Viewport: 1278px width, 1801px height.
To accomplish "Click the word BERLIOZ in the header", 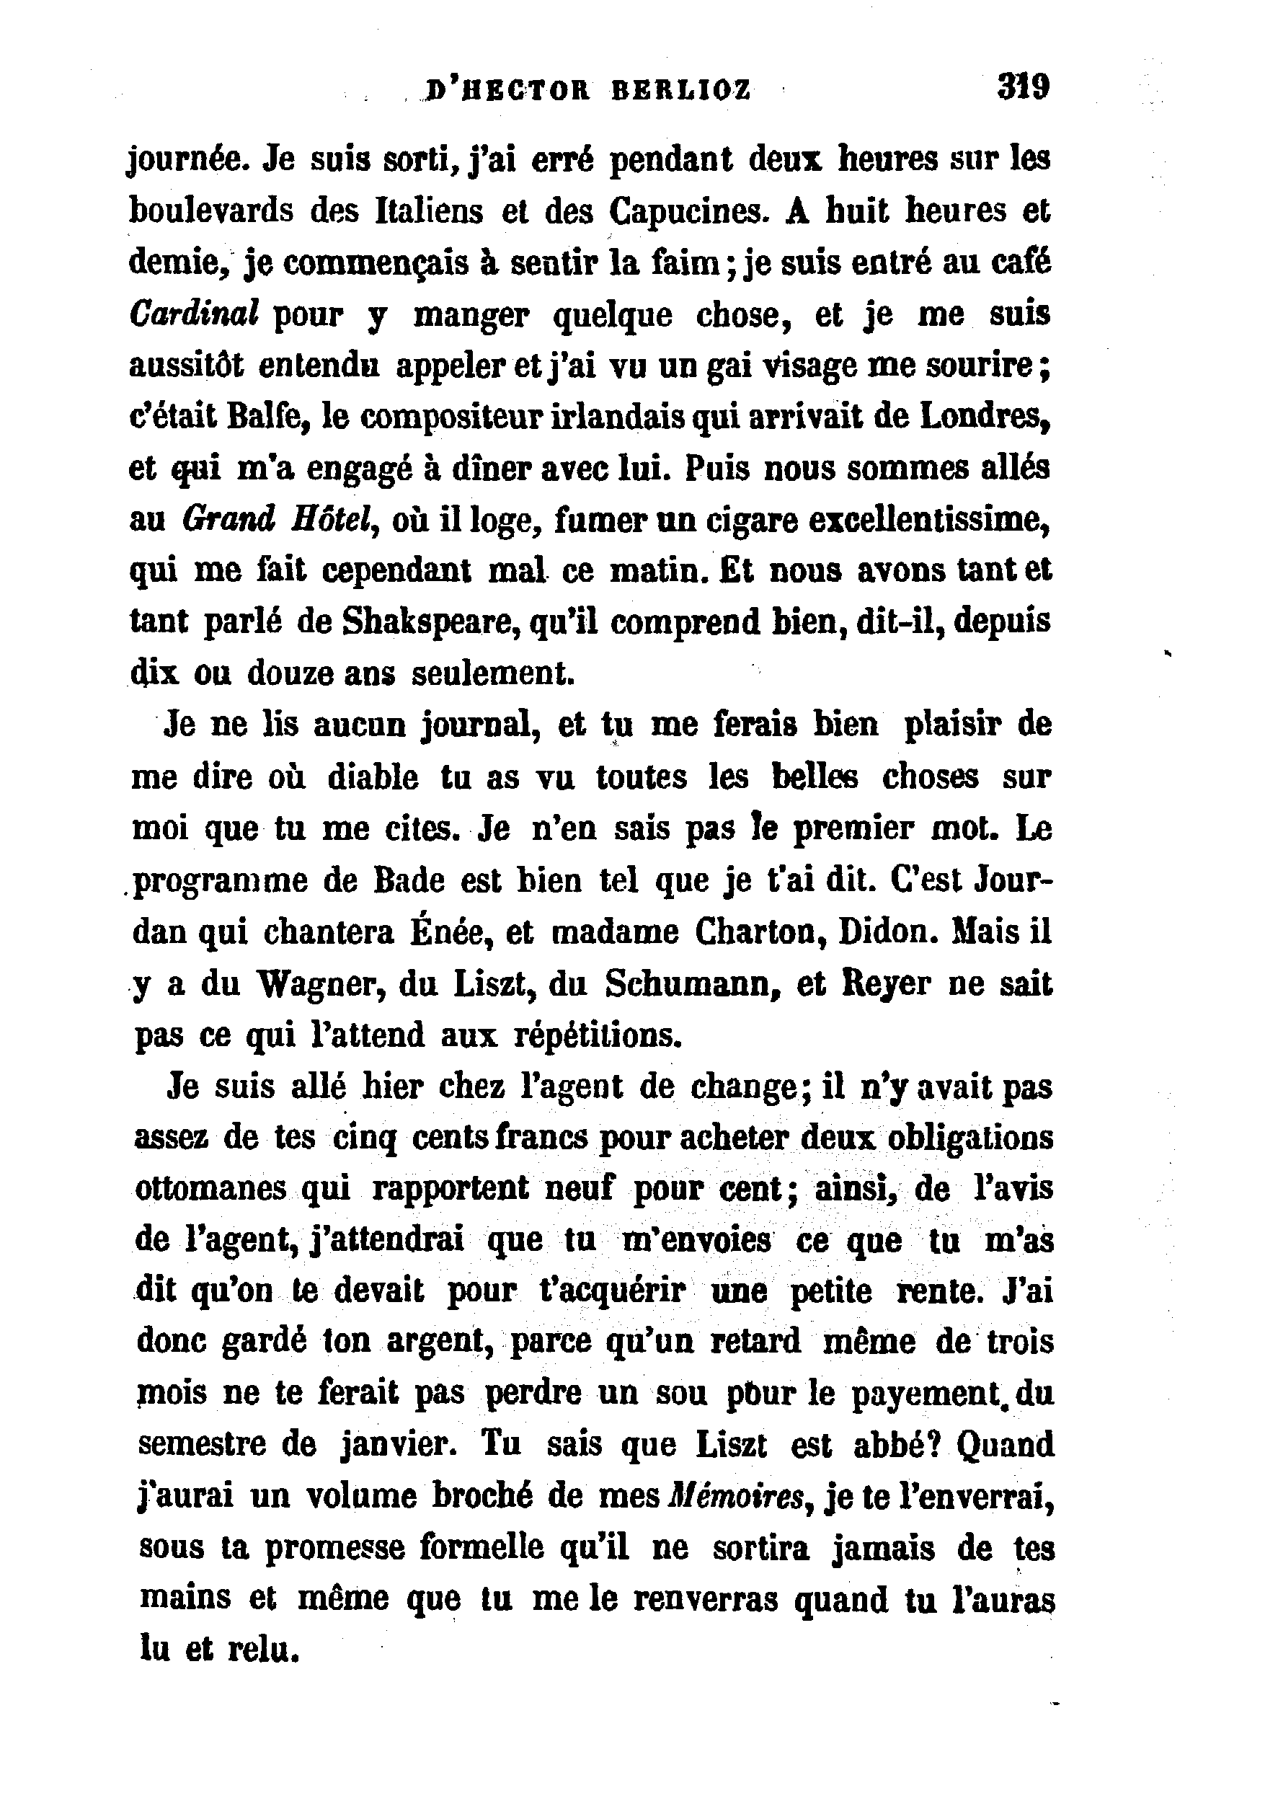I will [x=680, y=91].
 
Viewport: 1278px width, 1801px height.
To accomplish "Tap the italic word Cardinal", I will [x=194, y=314].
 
